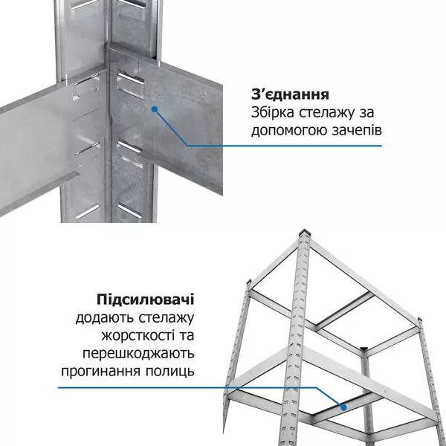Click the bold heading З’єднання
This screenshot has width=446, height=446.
tap(290, 95)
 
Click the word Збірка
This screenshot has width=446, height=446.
tap(273, 113)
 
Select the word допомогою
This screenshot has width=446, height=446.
tap(287, 131)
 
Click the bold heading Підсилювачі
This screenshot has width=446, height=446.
tap(146, 300)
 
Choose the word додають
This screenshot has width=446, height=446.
tap(101, 317)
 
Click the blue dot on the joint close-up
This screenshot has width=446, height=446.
tap(155, 109)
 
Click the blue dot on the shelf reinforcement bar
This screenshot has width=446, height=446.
tap(343, 407)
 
